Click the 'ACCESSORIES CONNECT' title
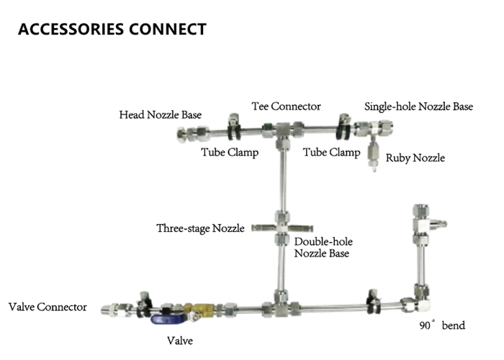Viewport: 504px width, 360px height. point(112,30)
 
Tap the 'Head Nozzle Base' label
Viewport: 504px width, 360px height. point(161,114)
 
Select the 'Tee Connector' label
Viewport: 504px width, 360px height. point(286,107)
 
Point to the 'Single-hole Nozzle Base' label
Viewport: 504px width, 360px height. point(418,107)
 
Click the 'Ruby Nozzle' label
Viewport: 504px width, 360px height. point(415,158)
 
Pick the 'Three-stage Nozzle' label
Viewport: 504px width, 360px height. point(201,228)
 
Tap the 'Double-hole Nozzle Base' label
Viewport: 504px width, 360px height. point(323,247)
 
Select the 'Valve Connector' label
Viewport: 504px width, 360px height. point(48,307)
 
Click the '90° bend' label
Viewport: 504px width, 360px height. point(442,325)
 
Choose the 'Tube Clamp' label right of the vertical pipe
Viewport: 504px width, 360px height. point(331,152)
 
